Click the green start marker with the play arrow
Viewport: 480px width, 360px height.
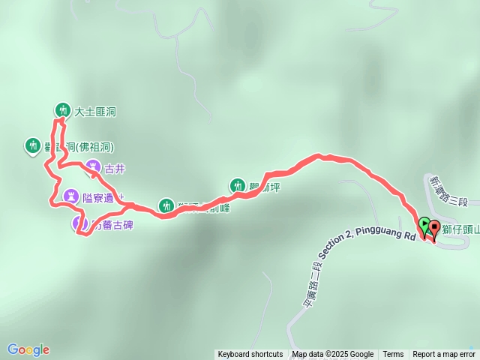coord(424,223)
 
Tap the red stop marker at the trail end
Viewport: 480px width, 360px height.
coord(434,227)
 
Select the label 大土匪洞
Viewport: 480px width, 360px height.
coord(95,112)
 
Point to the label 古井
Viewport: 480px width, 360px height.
coord(115,168)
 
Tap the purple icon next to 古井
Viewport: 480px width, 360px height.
coord(92,167)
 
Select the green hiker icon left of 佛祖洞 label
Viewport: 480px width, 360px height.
coord(32,145)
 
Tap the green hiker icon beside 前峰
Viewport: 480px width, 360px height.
coord(166,205)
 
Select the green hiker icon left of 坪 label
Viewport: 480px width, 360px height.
coord(237,185)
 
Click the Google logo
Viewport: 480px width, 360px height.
coord(28,349)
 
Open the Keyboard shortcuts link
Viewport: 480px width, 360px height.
coord(250,355)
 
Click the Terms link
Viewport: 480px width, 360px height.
coord(393,355)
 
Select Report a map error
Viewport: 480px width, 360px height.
coord(443,355)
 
